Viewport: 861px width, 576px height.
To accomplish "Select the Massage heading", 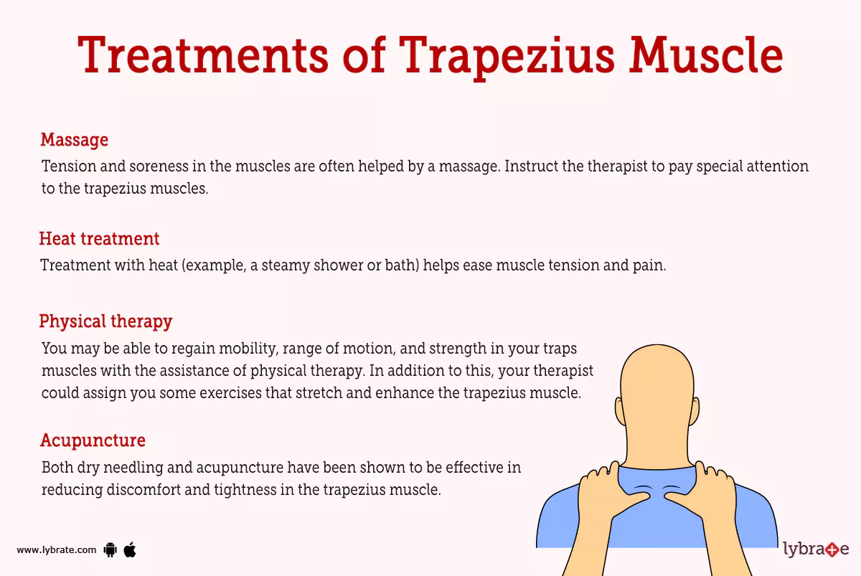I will (x=74, y=139).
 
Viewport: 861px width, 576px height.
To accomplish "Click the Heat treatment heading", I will (x=99, y=238).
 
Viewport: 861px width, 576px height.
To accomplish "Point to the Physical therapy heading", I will (x=105, y=321).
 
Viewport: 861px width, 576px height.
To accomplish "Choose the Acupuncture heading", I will (x=93, y=440).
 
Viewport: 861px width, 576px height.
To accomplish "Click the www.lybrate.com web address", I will (x=56, y=550).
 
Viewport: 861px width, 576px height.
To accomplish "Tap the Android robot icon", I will (x=110, y=550).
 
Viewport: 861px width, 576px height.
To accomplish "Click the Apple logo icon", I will (x=130, y=549).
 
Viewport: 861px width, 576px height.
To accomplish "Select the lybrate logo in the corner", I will (x=816, y=549).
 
